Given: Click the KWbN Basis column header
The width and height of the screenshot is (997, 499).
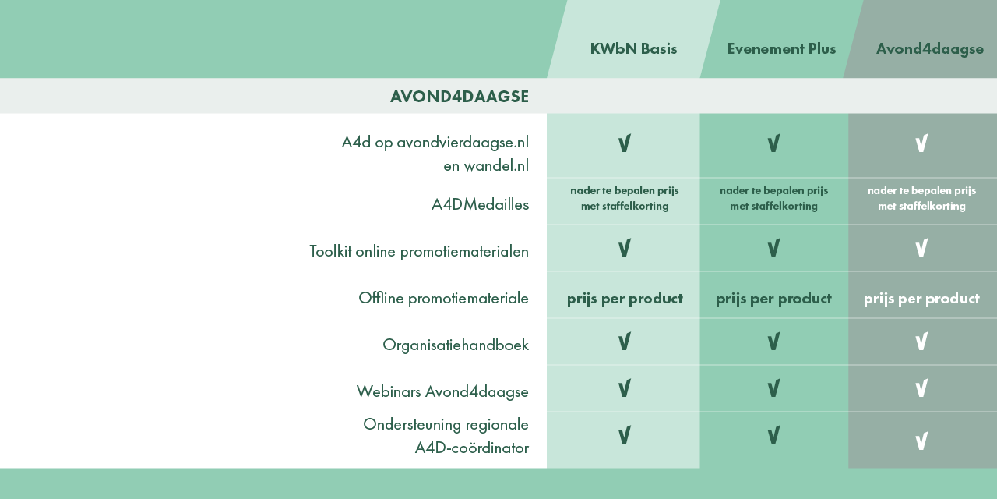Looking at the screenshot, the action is [633, 48].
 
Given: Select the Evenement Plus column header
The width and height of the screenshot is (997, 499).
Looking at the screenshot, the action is [781, 48].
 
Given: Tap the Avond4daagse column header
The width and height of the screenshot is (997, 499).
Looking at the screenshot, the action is [929, 48].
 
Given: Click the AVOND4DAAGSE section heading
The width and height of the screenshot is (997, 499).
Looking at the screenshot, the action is [459, 97].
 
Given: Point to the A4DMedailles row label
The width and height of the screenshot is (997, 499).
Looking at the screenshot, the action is [480, 204].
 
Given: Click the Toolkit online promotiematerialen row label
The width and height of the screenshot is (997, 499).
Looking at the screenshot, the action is [418, 251].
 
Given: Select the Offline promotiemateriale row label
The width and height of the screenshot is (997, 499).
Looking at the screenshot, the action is [443, 298].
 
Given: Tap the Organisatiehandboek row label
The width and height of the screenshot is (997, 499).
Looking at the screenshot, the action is [455, 345].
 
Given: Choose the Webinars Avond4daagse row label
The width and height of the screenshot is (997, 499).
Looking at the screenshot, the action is [442, 391].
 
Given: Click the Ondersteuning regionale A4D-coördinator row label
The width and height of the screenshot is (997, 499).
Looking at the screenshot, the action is [446, 436].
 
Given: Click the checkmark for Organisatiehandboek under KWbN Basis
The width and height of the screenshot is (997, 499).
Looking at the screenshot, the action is [624, 342].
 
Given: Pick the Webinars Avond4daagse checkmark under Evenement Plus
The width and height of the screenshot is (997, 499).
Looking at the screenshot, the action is [773, 388].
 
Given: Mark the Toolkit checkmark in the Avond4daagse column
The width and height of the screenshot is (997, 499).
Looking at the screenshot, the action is [921, 249].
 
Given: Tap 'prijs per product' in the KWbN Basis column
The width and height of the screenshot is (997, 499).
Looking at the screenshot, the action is [625, 298].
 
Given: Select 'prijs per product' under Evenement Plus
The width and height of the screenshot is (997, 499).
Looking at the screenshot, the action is [773, 298].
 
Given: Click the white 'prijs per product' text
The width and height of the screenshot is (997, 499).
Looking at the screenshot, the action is [921, 298].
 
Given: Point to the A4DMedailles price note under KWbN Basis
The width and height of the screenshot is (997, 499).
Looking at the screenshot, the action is [625, 198].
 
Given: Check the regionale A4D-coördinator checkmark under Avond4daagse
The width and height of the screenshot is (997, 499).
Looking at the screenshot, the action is [921, 442].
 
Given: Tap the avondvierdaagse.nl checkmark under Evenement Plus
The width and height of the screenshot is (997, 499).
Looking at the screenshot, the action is [773, 143].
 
